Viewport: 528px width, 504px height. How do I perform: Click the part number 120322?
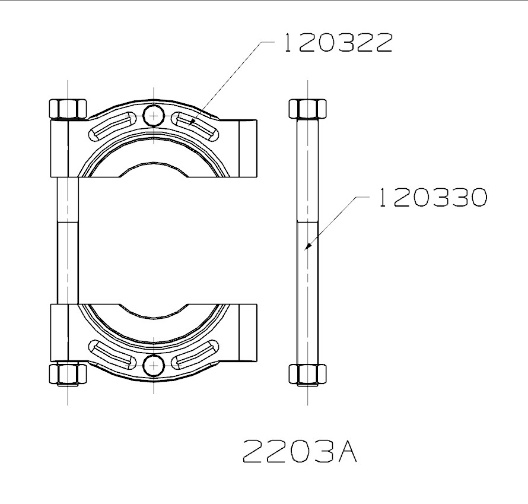coord(336,43)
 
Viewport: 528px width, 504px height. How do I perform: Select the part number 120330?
coord(432,198)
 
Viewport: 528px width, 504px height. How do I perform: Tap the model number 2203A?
coord(300,452)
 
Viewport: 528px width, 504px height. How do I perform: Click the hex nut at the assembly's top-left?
coord(68,109)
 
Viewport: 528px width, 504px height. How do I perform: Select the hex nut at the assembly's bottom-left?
coord(68,375)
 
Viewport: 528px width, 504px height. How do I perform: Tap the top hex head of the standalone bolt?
coord(308,109)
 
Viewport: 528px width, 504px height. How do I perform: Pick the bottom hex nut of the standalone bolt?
coord(308,375)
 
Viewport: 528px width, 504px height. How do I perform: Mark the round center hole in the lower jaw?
coord(154,365)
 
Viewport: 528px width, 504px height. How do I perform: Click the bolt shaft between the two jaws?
coord(68,240)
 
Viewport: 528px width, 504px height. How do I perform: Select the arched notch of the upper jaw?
coord(154,167)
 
